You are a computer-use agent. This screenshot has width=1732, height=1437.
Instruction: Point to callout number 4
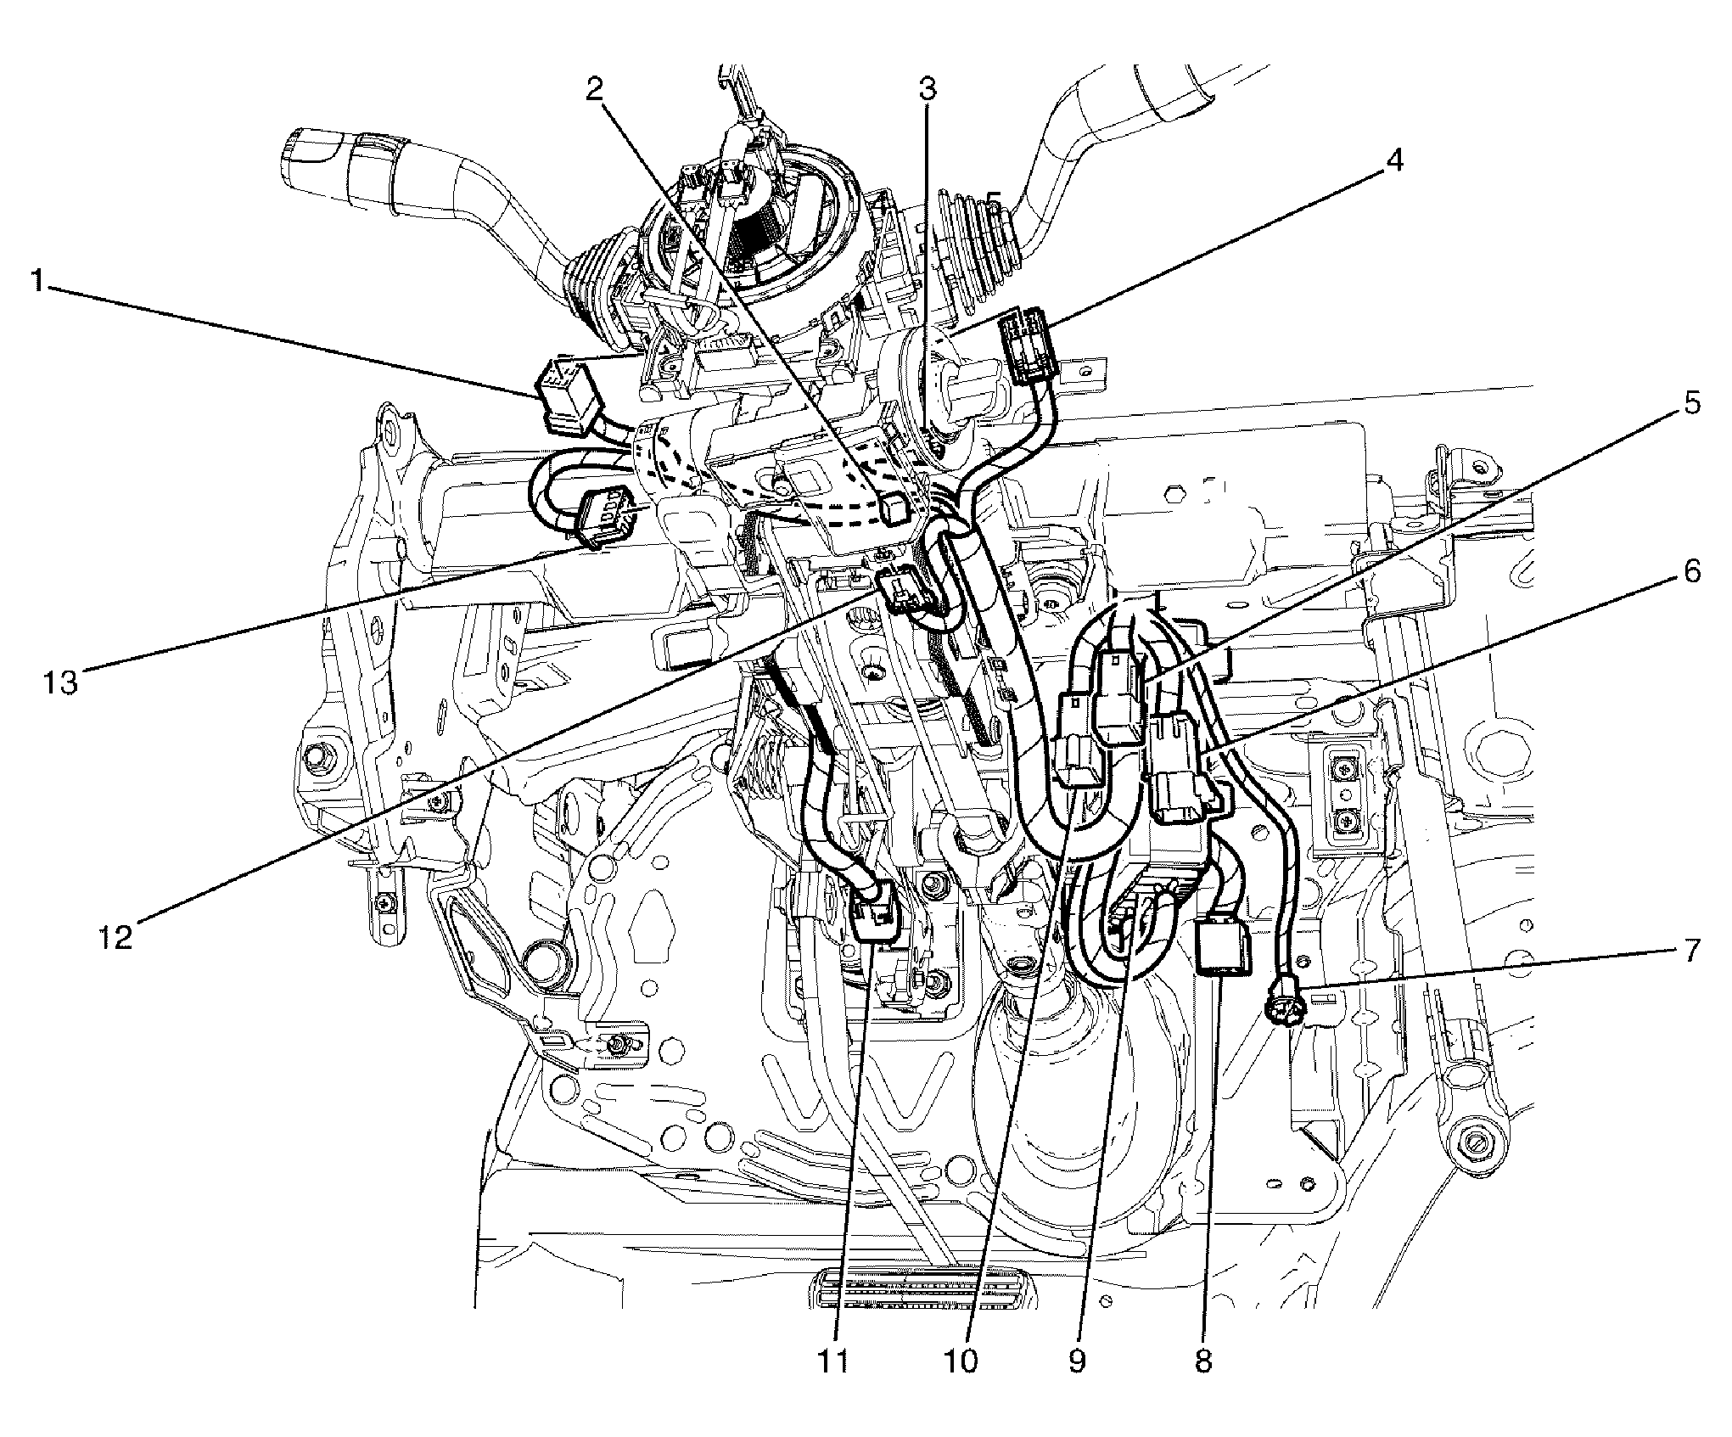[x=1394, y=159]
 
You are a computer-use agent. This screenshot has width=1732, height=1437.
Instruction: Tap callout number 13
[x=61, y=680]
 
